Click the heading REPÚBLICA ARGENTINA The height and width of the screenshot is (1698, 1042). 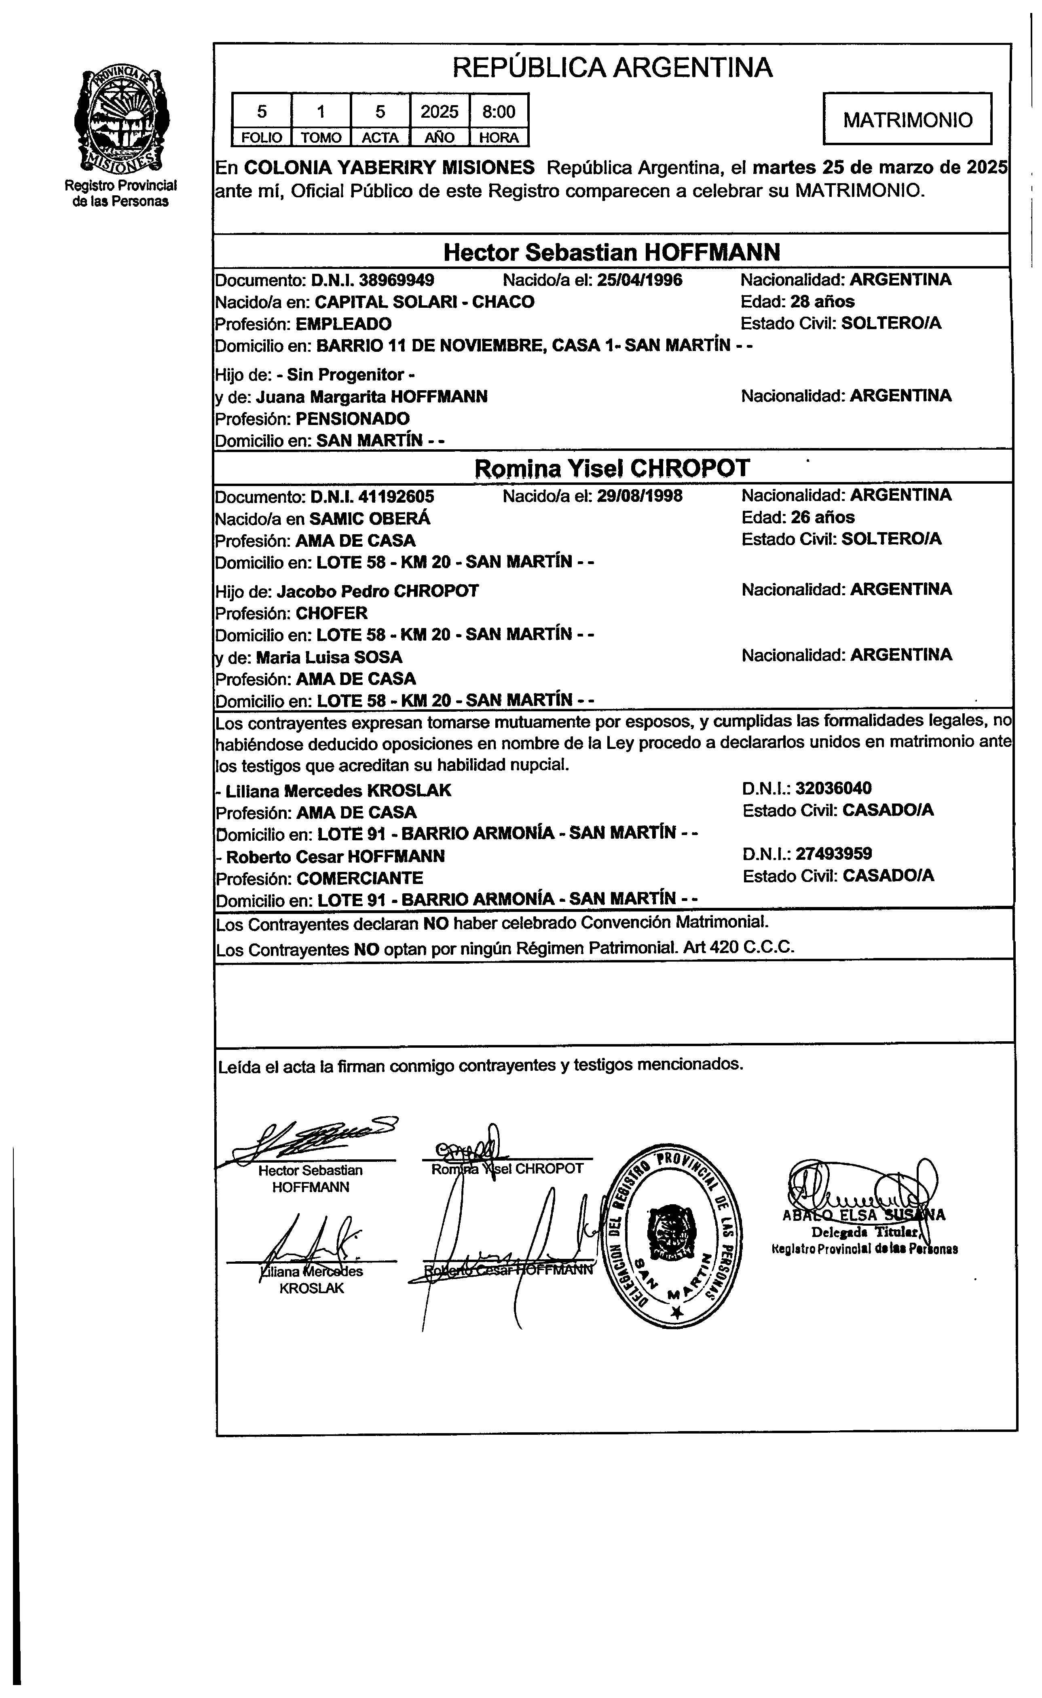(612, 68)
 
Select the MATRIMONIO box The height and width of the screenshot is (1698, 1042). (908, 120)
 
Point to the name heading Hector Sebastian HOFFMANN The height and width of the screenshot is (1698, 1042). (612, 252)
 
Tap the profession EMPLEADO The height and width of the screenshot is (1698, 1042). (343, 324)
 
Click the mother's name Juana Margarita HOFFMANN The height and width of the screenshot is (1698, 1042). (372, 397)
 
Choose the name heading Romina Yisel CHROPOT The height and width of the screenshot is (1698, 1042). (612, 469)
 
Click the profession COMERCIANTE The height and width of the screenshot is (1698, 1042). (360, 879)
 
